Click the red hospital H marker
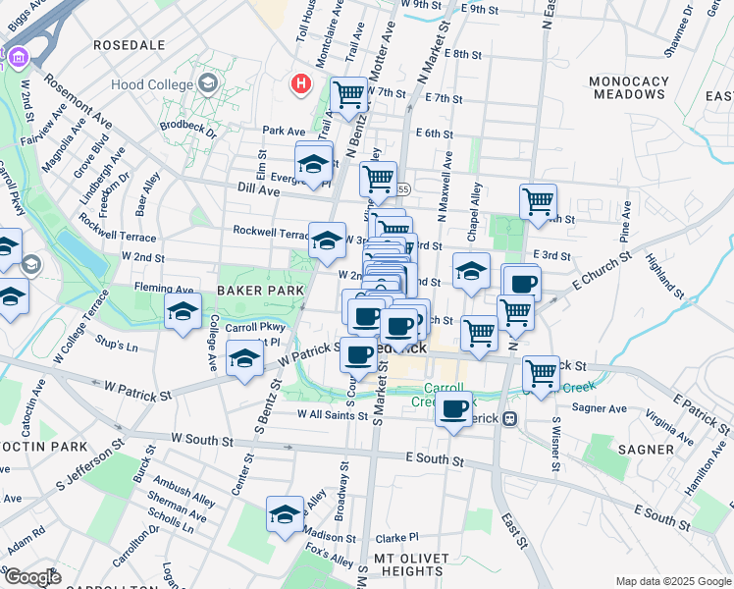pos(301,85)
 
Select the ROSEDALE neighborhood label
pos(129,45)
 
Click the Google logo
pos(32,576)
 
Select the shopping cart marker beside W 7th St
pos(348,95)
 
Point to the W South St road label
pos(200,437)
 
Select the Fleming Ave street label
pos(164,290)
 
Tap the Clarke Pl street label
pos(396,537)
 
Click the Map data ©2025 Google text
pos(672,581)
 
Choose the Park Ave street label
pos(284,131)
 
